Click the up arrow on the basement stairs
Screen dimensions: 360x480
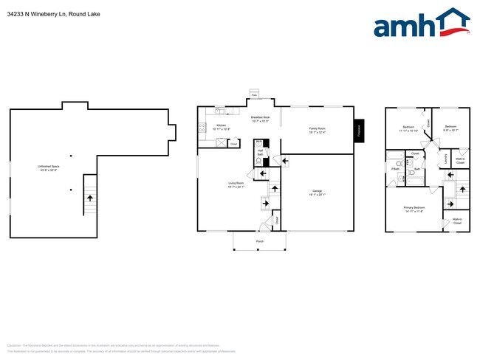(91, 198)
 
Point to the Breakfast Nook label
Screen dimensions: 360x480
(259, 119)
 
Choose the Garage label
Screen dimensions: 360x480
(317, 193)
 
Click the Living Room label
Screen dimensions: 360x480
(236, 184)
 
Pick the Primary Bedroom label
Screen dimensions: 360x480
(414, 210)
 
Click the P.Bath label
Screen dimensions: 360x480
(394, 169)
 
